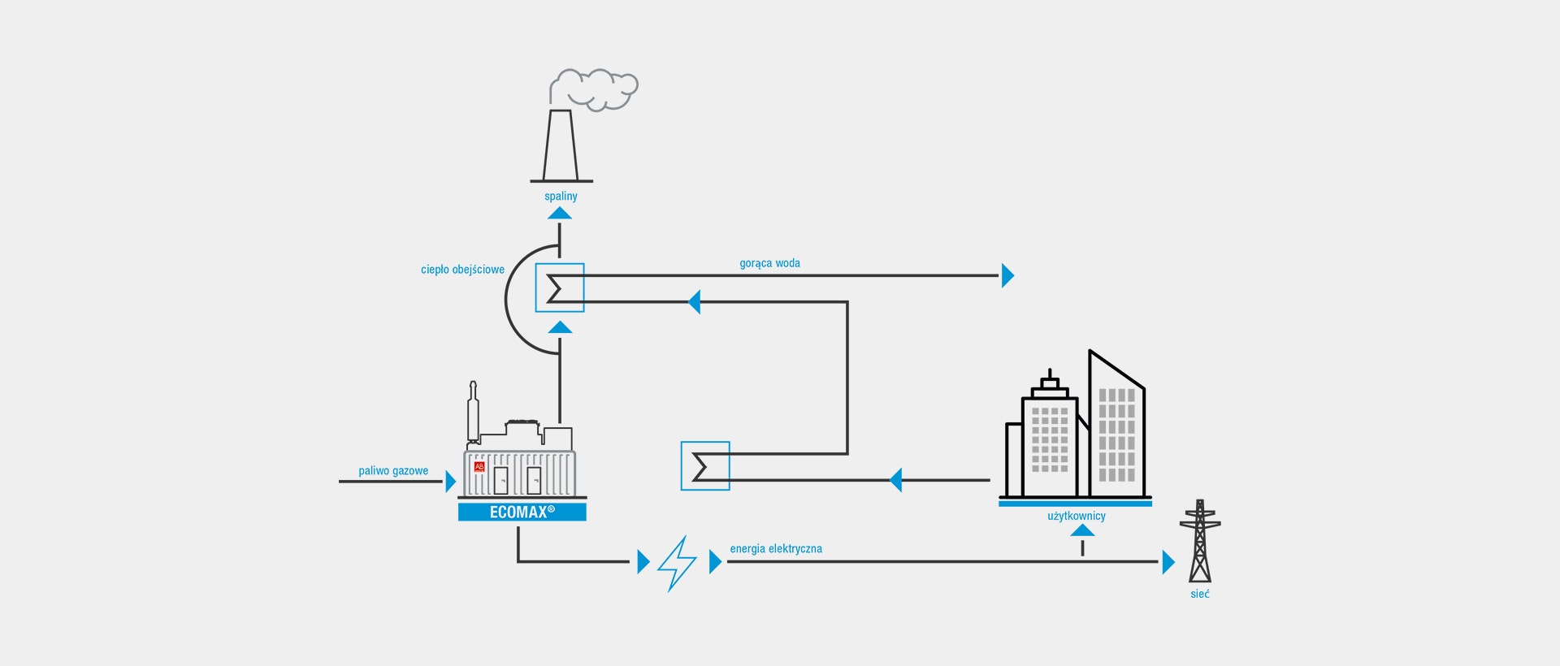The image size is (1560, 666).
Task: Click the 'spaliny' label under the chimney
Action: tap(561, 197)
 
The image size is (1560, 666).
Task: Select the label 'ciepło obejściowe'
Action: tap(462, 270)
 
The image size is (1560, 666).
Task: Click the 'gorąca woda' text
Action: tap(769, 263)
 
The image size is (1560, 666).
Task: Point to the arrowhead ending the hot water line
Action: tap(1008, 275)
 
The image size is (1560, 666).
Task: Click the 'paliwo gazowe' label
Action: tap(393, 471)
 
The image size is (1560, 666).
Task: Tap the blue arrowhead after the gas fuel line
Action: tap(451, 482)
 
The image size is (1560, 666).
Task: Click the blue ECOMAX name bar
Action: tap(522, 512)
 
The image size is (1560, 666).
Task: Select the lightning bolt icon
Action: tap(678, 563)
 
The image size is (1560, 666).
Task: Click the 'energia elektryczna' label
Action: tap(776, 549)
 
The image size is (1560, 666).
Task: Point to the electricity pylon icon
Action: tap(1200, 541)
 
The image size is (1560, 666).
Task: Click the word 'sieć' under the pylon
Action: tap(1200, 595)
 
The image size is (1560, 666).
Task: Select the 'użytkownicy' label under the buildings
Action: tap(1077, 517)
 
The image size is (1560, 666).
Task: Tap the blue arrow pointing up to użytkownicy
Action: tap(1082, 530)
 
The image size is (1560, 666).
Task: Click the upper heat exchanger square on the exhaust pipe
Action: tap(560, 288)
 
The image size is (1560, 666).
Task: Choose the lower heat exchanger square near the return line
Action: tap(705, 466)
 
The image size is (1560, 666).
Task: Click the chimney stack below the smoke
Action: tap(561, 146)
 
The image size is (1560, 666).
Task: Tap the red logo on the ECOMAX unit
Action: tap(479, 467)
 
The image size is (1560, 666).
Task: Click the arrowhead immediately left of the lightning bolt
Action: tap(643, 562)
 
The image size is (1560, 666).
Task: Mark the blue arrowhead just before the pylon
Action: tap(1169, 562)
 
